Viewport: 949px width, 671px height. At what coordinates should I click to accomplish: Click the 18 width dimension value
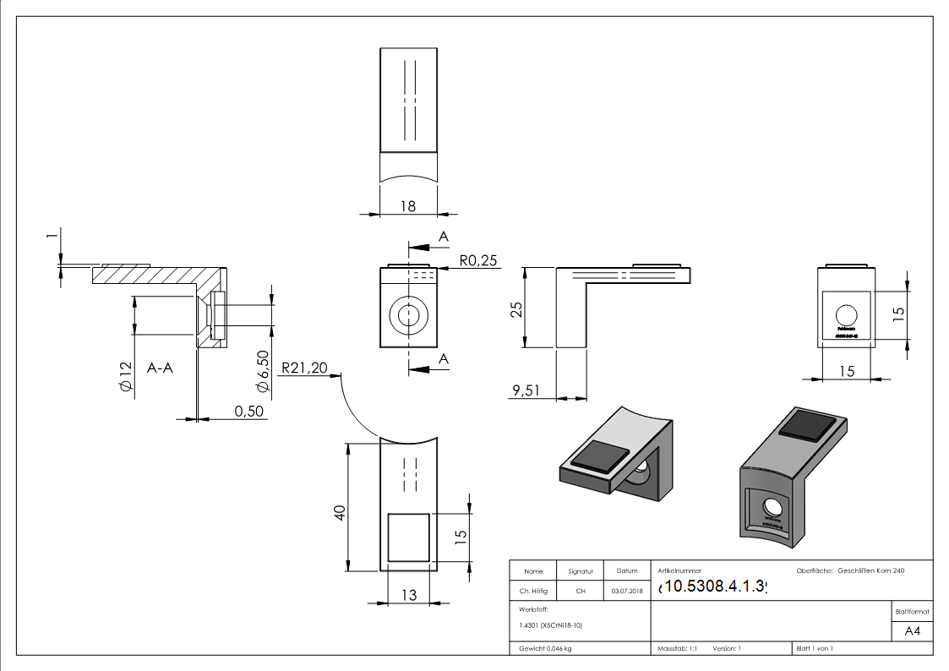pos(407,205)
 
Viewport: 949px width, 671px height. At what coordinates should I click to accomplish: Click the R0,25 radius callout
pos(479,261)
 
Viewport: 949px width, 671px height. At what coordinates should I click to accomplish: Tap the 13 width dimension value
pos(408,595)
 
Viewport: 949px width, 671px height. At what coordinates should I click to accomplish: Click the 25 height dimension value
pos(517,308)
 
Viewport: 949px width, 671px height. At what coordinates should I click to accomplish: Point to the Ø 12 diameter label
pos(125,376)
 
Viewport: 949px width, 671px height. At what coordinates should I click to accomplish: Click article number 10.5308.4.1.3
pos(714,586)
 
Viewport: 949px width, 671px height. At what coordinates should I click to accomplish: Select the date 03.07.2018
pos(626,591)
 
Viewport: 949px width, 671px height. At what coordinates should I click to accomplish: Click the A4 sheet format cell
pos(912,631)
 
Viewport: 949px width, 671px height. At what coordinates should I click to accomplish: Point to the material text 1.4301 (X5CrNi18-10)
pos(548,625)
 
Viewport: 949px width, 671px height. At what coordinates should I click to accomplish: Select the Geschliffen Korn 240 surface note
pos(870,571)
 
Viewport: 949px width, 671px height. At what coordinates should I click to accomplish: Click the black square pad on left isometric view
pos(599,457)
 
